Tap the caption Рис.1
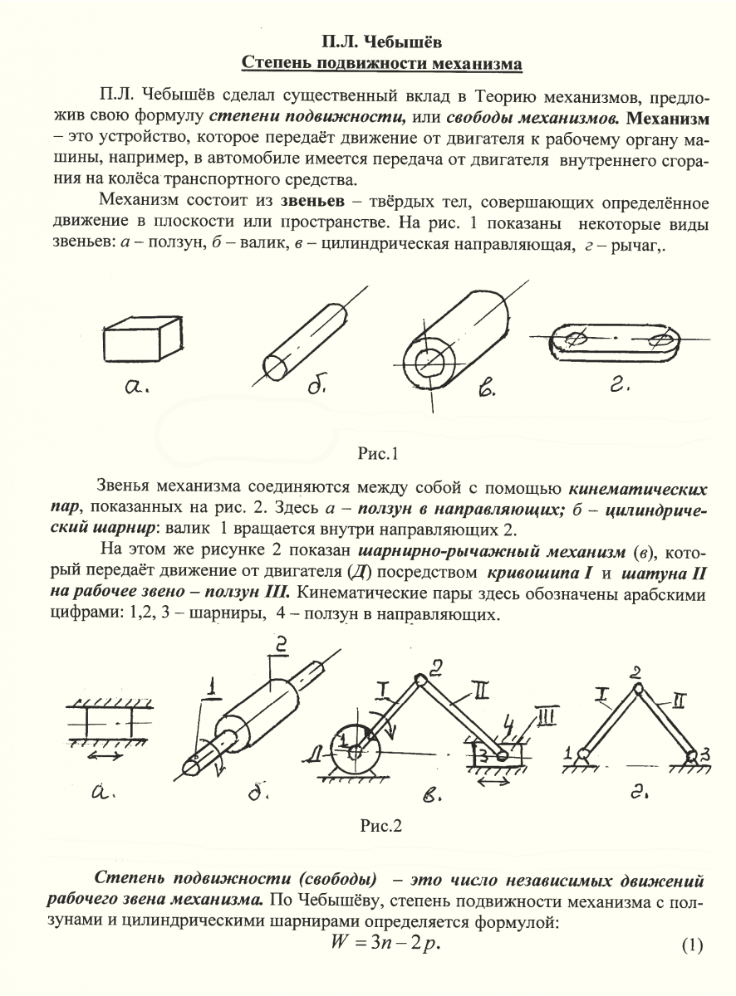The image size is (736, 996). pos(379,453)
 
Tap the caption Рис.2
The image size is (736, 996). pos(380,825)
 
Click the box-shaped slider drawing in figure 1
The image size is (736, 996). pos(142,340)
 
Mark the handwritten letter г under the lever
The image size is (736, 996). pos(612,386)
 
